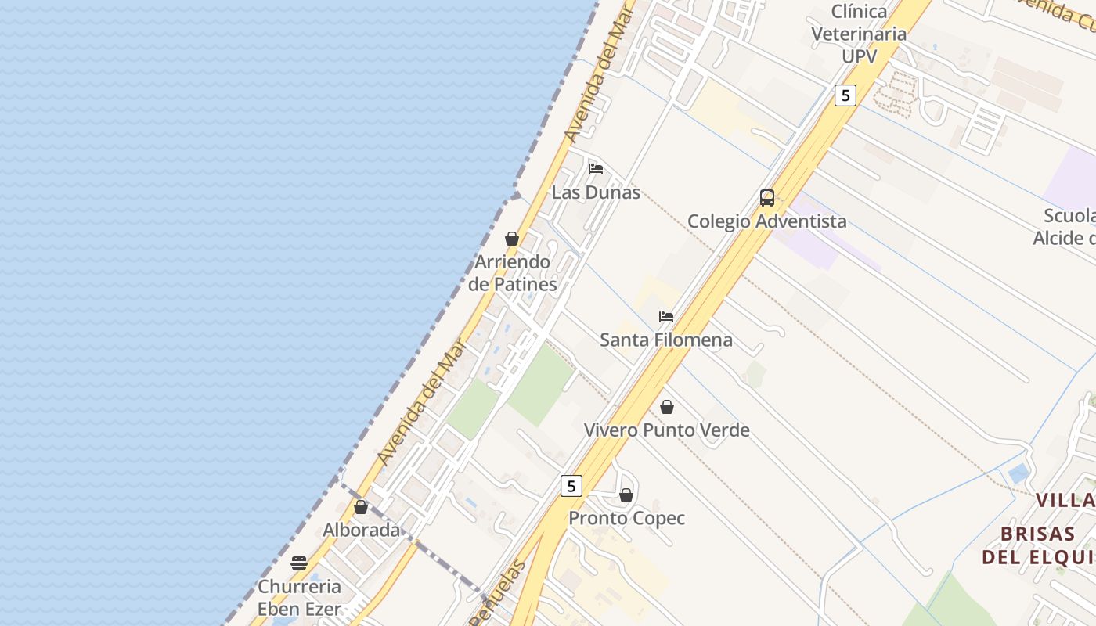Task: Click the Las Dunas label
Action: coord(596,192)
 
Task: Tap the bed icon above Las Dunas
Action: coord(596,168)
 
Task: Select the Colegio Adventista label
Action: coord(766,221)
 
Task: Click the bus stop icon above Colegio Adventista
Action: coord(767,198)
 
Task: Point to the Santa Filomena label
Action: coord(666,340)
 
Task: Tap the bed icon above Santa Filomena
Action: coord(666,317)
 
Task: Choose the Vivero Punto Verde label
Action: coord(667,430)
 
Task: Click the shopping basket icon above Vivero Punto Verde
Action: coord(667,407)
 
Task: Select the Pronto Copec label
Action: coord(626,518)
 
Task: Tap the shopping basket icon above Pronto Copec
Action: coord(626,495)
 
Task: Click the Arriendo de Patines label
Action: coord(513,273)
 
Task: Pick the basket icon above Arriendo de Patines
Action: coord(512,239)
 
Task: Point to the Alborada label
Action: coord(362,530)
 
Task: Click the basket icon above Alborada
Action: coord(361,507)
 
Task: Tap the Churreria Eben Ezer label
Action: coord(299,598)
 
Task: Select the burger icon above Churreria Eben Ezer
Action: coord(299,563)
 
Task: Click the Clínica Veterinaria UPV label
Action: coord(859,34)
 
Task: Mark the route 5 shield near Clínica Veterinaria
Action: coord(845,95)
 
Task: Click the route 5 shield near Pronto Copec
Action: coord(571,486)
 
